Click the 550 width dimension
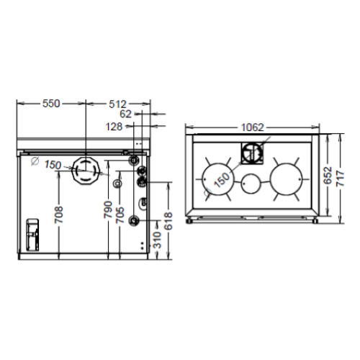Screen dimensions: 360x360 click(50, 104)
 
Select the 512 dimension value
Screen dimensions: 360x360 click(119, 104)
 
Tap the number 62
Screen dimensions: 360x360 click(125, 114)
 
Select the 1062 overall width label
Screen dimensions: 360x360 click(251, 127)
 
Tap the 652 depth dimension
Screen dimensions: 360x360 click(327, 176)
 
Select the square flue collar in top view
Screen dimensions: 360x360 click(251, 153)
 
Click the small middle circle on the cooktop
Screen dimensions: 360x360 click(251, 184)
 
